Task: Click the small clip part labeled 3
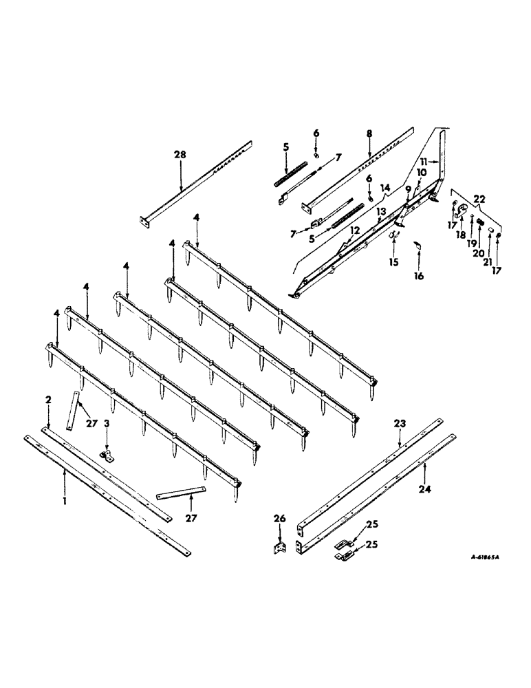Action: [106, 455]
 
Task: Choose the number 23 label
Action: [400, 424]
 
